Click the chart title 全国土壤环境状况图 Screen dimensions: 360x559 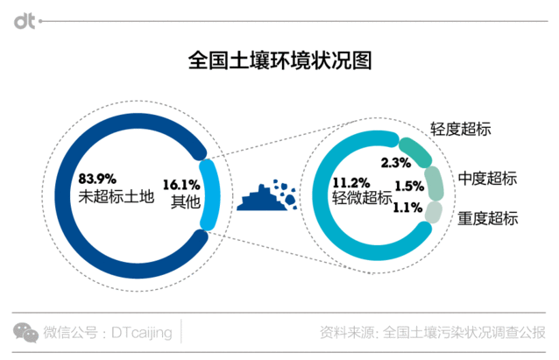(x=279, y=62)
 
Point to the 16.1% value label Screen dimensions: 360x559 (x=182, y=184)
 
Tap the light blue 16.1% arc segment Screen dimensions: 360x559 (x=209, y=183)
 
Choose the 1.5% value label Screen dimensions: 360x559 (x=408, y=186)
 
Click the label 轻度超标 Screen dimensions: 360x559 (x=460, y=129)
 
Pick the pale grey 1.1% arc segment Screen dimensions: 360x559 (x=433, y=211)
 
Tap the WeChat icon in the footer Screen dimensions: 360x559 (x=25, y=331)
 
